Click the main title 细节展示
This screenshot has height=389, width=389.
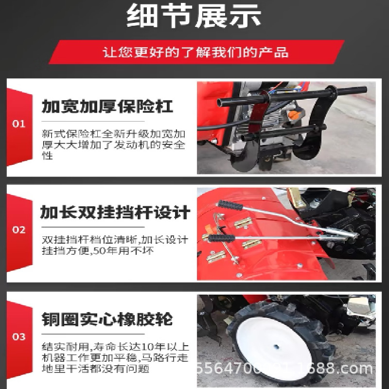tap(194, 17)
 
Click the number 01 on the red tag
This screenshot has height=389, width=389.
tap(18, 124)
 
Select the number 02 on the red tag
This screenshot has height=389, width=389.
tap(18, 230)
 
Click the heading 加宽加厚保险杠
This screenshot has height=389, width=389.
tap(107, 106)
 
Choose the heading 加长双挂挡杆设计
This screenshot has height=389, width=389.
tap(115, 212)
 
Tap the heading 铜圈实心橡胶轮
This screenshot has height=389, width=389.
tap(107, 319)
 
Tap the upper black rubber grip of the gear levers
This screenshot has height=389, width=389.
tap(228, 205)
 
